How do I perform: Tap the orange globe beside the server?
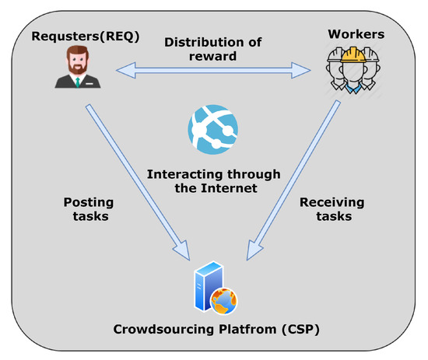pos(223,300)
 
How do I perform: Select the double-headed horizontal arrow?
pos(212,72)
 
